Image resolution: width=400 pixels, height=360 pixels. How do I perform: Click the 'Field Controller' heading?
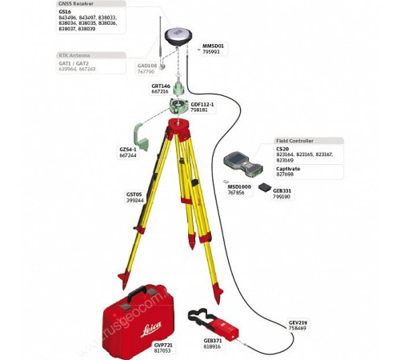[x=294, y=141]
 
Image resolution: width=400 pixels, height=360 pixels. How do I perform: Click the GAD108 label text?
[x=147, y=66]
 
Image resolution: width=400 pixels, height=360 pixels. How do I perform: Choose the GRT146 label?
[x=161, y=86]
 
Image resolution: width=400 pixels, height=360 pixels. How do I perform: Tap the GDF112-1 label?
[x=202, y=104]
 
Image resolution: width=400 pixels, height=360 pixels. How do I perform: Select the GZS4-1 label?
[x=128, y=149]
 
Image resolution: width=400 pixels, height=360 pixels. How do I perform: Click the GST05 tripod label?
[x=134, y=194]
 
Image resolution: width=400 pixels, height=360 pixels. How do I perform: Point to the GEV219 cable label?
[x=298, y=322]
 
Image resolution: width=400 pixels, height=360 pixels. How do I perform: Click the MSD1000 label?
[x=239, y=186]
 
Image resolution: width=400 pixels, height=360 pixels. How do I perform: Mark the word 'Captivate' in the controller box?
[x=288, y=169]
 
